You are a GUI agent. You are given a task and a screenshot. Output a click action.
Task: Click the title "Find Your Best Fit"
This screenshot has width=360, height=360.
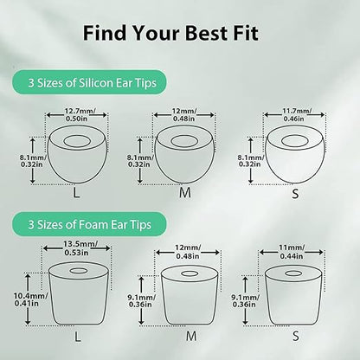pyautogui.click(x=170, y=33)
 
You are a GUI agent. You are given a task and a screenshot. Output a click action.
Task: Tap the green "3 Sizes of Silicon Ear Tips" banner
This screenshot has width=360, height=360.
pyautogui.click(x=89, y=82)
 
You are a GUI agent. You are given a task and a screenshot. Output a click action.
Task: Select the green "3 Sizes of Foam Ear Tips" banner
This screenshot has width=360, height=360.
pyautogui.click(x=89, y=224)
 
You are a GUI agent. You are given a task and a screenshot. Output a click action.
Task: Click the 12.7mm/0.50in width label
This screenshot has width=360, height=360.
pyautogui.click(x=76, y=114)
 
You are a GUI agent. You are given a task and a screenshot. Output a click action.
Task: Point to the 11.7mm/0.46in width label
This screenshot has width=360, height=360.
pyautogui.click(x=293, y=114)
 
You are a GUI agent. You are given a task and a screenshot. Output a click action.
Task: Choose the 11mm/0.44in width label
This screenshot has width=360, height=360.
pyautogui.click(x=292, y=252)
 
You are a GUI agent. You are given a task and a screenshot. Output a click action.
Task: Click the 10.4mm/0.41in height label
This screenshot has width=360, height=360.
pyautogui.click(x=30, y=299)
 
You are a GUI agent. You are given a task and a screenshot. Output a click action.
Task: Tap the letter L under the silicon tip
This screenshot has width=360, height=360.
pyautogui.click(x=76, y=193)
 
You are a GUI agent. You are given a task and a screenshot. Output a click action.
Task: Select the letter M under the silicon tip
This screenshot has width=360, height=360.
pyautogui.click(x=185, y=193)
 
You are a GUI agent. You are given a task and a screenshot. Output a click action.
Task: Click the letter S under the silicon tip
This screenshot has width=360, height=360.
pyautogui.click(x=295, y=193)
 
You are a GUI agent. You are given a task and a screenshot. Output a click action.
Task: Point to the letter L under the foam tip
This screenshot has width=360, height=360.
pyautogui.click(x=77, y=336)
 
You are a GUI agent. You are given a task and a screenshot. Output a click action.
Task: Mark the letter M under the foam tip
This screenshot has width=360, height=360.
pyautogui.click(x=191, y=336)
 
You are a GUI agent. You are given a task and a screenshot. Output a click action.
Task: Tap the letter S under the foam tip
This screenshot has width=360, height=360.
pyautogui.click(x=296, y=336)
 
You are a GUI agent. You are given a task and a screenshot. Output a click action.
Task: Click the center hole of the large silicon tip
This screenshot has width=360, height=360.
pyautogui.click(x=76, y=141)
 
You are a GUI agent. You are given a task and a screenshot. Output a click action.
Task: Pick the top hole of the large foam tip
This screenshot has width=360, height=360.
pyautogui.click(x=79, y=271)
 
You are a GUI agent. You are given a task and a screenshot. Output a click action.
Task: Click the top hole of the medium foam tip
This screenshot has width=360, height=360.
pyautogui.click(x=189, y=273)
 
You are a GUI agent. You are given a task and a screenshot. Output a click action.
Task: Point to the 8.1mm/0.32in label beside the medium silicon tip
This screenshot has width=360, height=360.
pyautogui.click(x=139, y=161)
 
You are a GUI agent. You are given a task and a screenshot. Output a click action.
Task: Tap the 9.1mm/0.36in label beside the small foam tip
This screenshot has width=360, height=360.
pyautogui.click(x=245, y=300)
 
